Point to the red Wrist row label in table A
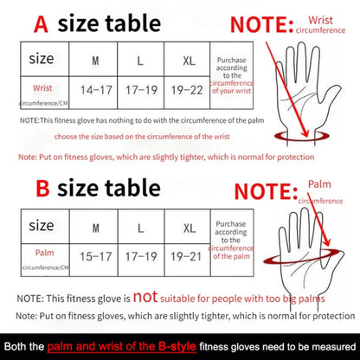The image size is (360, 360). (42, 88)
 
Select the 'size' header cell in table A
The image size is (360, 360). (42, 60)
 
